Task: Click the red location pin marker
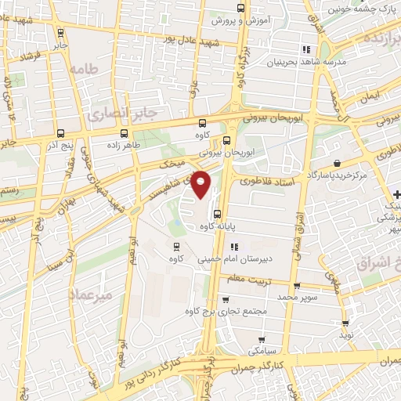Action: click(201, 184)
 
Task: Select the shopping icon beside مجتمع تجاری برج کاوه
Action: click(226, 298)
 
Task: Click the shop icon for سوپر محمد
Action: click(296, 286)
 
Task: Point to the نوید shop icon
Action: click(345, 322)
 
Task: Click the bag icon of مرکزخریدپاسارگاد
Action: click(336, 162)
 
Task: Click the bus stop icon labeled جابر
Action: click(61, 33)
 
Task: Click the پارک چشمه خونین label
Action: click(353, 9)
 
